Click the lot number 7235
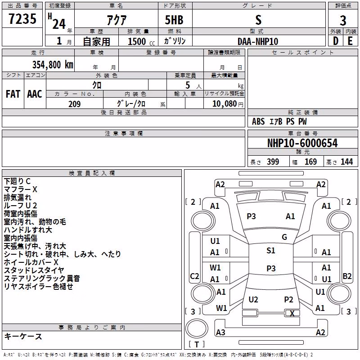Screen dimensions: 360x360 pos(22,18)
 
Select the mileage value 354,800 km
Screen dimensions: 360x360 pos(53,65)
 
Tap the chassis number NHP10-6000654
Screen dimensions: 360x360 pos(302,143)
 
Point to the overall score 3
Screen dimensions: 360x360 pos(343,21)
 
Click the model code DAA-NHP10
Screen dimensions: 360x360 pos(258,41)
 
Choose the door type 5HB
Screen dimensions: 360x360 pos(174,20)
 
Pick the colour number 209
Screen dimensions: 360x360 pos(75,104)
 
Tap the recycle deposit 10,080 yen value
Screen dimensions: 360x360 pos(228,104)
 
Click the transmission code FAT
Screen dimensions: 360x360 pos(13,94)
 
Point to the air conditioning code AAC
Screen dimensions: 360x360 pos(35,94)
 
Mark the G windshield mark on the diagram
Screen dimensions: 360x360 pos(284,237)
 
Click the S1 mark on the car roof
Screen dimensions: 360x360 pos(271,251)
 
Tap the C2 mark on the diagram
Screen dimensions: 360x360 pos(194,276)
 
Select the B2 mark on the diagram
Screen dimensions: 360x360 pos(347,276)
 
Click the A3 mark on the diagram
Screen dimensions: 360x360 pos(220,332)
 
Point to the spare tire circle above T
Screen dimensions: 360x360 pos(197,328)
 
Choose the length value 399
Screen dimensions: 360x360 pos(273,162)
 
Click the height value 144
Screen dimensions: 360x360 pos(346,162)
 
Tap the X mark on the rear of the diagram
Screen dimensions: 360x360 pos(292,313)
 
